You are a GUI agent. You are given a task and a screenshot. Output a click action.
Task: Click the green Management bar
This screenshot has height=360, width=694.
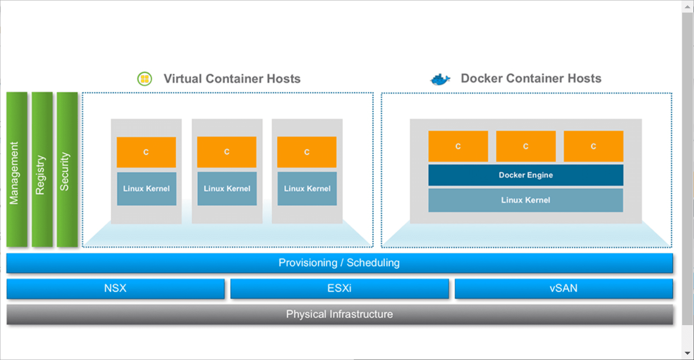pos(17,170)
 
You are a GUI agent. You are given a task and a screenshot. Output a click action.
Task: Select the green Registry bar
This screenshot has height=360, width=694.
pos(42,170)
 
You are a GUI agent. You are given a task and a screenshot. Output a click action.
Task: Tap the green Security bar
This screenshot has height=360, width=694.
pos(67,170)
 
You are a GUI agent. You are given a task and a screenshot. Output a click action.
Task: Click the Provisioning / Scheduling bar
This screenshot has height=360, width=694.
pos(339,263)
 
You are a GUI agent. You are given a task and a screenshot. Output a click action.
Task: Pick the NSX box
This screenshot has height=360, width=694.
pos(115,289)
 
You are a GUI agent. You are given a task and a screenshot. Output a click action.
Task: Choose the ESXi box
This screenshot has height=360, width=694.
pos(339,289)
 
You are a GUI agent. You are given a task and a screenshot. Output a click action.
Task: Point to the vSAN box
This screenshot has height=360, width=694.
pos(563,289)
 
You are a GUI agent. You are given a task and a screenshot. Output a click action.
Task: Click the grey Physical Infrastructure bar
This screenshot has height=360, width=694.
pos(339,314)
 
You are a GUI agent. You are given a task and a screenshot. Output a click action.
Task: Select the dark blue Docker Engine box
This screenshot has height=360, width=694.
pos(526,175)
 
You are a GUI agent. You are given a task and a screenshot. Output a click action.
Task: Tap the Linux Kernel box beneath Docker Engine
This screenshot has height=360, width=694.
pos(526,200)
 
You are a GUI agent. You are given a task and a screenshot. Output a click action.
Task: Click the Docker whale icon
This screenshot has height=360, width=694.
pos(440,79)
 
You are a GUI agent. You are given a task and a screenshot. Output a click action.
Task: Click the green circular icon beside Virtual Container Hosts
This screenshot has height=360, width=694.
pos(145,79)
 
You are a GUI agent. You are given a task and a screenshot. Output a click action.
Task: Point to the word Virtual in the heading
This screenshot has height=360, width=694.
pos(183,79)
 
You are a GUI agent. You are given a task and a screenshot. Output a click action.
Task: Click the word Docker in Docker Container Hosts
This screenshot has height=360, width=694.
pos(482,78)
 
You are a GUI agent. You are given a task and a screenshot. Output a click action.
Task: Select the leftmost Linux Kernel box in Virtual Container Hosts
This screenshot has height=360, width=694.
pos(147,189)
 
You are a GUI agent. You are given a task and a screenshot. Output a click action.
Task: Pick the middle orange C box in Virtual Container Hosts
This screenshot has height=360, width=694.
pos(227,152)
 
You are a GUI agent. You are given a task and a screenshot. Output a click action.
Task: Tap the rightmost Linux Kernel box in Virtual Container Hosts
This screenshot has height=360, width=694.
pos(307,189)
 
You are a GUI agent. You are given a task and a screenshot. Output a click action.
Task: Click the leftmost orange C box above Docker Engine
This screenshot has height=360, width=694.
pos(458,146)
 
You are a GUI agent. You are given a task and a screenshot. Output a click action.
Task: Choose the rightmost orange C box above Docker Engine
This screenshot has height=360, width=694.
pos(593,146)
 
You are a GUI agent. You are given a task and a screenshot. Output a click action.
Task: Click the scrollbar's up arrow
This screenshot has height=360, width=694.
pos(687,6)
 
